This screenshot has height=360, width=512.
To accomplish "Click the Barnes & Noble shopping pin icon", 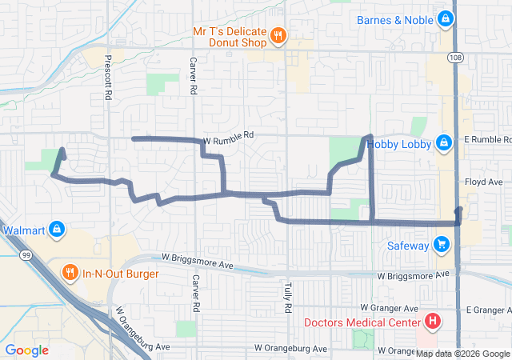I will pyautogui.click(x=444, y=18).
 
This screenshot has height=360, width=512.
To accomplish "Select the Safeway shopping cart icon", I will pyautogui.click(x=441, y=244).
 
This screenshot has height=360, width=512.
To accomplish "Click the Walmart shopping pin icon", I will pyautogui.click(x=56, y=230).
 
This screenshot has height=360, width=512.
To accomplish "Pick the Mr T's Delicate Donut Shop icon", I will pyautogui.click(x=278, y=34).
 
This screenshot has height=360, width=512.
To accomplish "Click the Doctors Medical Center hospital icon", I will pyautogui.click(x=433, y=322).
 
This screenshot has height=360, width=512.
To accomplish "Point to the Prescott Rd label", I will pyautogui.click(x=107, y=76).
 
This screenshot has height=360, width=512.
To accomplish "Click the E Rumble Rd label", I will pyautogui.click(x=488, y=139).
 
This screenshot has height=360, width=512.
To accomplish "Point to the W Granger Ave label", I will pyautogui.click(x=389, y=308).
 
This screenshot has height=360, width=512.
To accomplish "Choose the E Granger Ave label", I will pyautogui.click(x=487, y=309).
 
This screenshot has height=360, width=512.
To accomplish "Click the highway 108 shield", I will pyautogui.click(x=454, y=58).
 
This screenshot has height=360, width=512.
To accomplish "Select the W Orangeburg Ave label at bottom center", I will pyautogui.click(x=291, y=349).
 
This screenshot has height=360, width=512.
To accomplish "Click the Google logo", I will pyautogui.click(x=27, y=350).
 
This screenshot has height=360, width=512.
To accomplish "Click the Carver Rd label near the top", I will pyautogui.click(x=194, y=76).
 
